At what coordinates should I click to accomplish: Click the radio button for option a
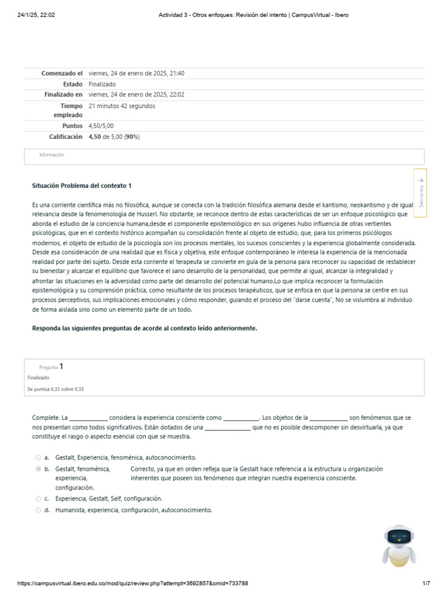[38, 458]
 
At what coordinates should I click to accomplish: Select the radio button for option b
[38, 469]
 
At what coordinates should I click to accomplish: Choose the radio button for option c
[38, 499]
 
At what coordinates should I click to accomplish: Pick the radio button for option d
[38, 510]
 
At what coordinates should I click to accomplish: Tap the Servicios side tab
[421, 193]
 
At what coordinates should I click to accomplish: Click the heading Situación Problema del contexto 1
[82, 186]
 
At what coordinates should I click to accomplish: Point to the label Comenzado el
[62, 74]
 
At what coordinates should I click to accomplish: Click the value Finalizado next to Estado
[102, 84]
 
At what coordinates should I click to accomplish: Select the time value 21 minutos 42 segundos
[122, 106]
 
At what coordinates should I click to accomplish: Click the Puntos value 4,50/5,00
[101, 126]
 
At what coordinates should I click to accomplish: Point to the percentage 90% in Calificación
[132, 137]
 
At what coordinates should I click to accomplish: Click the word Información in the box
[51, 155]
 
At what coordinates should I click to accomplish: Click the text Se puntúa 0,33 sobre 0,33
[55, 389]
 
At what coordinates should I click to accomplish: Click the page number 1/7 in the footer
[426, 583]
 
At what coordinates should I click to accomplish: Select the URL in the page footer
[133, 583]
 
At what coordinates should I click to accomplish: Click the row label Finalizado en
[64, 95]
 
